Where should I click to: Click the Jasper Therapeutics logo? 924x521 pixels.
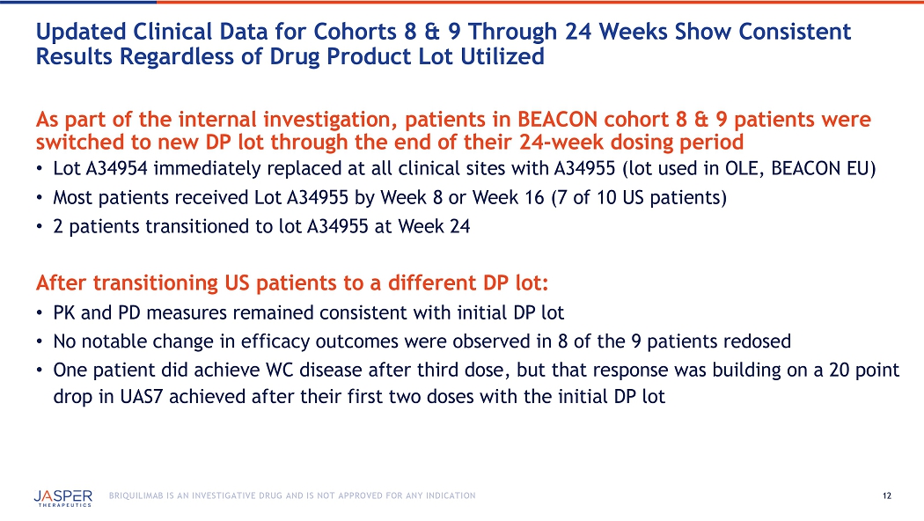pyautogui.click(x=63, y=497)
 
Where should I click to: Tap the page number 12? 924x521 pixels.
pyautogui.click(x=887, y=496)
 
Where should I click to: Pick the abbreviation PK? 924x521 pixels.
pyautogui.click(x=64, y=312)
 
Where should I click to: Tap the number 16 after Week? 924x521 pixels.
pyautogui.click(x=534, y=197)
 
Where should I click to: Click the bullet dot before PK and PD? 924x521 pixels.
pyautogui.click(x=39, y=313)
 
